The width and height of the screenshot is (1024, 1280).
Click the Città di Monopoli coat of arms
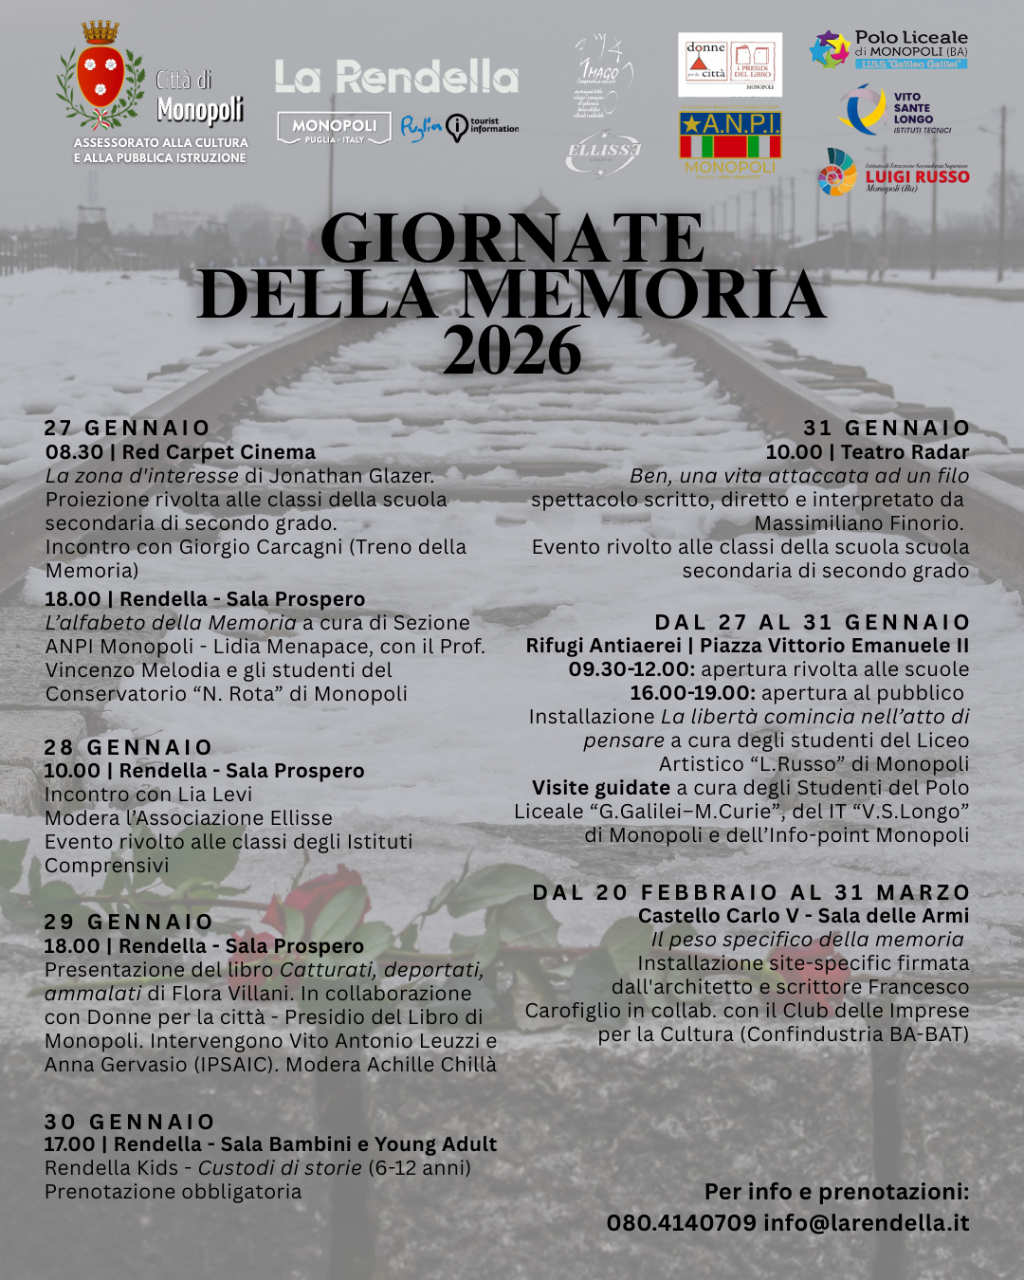pyautogui.click(x=100, y=76)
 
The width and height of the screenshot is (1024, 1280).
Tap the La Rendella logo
pyautogui.click(x=396, y=77)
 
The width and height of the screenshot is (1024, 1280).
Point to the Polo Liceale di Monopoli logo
pyautogui.click(x=888, y=50)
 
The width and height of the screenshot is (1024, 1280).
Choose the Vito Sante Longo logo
pyautogui.click(x=895, y=111)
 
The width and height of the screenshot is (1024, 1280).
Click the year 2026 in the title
pyautogui.click(x=512, y=352)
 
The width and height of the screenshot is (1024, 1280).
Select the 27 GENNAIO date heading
pyautogui.click(x=127, y=428)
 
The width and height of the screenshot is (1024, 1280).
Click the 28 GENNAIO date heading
pyautogui.click(x=128, y=747)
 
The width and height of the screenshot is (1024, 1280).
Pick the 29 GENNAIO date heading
pyautogui.click(x=128, y=922)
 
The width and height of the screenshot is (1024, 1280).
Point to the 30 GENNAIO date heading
pyautogui.click(x=129, y=1122)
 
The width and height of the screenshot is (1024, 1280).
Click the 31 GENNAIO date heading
pyautogui.click(x=887, y=428)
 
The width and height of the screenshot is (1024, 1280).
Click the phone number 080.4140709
pyautogui.click(x=681, y=1223)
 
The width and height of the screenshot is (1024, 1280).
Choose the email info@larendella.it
pyautogui.click(x=866, y=1223)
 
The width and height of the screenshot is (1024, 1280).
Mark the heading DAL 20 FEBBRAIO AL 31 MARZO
pyautogui.click(x=751, y=892)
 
